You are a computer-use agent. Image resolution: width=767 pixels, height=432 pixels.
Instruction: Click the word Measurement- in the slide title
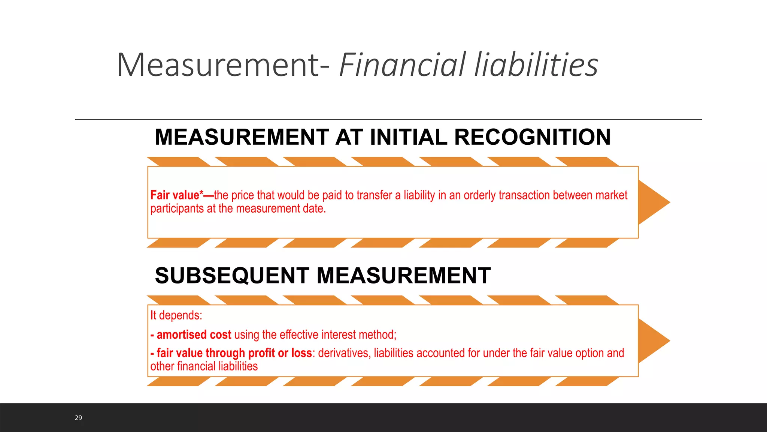tap(223, 65)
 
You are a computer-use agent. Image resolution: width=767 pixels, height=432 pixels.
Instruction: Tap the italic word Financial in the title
tap(403, 65)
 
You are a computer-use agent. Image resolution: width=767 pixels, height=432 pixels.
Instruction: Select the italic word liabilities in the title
tap(536, 65)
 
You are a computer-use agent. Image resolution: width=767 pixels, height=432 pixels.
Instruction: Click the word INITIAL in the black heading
tap(409, 137)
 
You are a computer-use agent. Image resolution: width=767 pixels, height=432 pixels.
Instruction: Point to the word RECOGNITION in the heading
tap(532, 137)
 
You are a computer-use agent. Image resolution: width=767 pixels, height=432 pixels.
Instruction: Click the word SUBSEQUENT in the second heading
tap(232, 276)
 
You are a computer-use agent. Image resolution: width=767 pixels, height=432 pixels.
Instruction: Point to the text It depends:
tap(176, 315)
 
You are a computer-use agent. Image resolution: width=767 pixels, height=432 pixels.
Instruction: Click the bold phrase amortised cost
tap(194, 334)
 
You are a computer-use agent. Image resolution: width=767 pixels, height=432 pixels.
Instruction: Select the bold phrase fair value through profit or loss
tap(234, 353)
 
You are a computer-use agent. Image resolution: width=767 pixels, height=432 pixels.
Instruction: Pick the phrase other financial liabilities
tap(204, 366)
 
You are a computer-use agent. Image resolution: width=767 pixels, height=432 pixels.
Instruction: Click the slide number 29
tap(78, 418)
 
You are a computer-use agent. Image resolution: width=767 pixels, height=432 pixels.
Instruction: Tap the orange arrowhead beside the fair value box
tap(654, 202)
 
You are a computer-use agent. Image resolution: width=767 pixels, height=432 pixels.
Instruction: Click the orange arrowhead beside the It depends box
tap(654, 341)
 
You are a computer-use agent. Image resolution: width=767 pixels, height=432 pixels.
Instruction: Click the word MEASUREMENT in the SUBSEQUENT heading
tap(403, 276)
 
